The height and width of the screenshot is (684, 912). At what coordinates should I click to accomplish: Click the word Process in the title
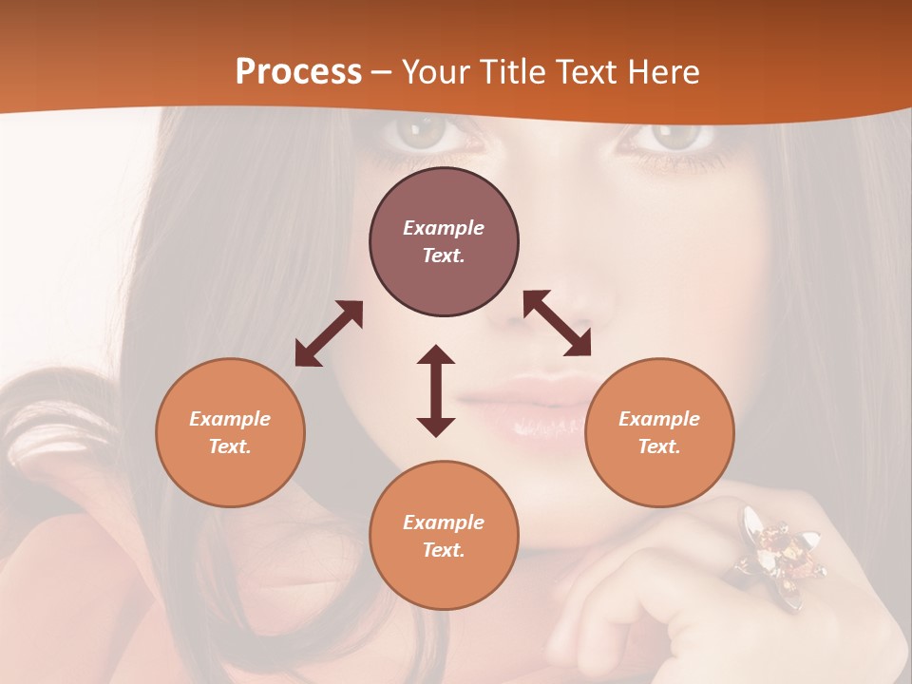[298, 71]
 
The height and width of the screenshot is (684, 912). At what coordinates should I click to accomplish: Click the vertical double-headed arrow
[436, 390]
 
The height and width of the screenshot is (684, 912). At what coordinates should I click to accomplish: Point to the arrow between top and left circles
[329, 333]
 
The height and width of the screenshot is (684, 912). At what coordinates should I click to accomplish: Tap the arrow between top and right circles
[558, 323]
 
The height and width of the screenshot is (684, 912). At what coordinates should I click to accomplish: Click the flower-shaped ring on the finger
[773, 551]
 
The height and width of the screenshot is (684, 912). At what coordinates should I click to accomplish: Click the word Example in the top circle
[444, 228]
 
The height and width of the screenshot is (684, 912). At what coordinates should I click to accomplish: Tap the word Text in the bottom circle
[443, 550]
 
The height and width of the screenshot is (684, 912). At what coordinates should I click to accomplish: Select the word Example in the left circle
[230, 419]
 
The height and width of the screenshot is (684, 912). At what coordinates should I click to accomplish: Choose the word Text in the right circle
[658, 446]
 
